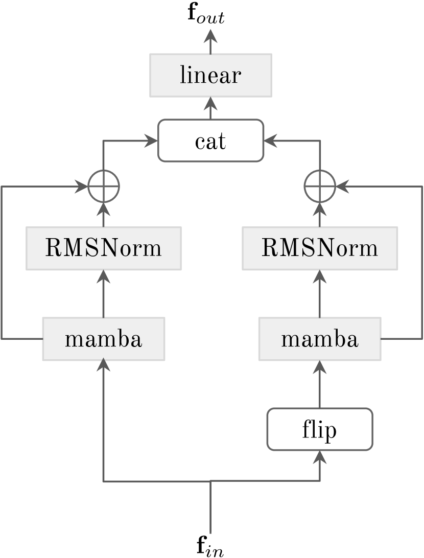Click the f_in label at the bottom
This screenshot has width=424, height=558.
[x=210, y=546]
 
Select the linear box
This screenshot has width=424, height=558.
[x=210, y=76]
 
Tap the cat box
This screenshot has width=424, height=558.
[x=210, y=141]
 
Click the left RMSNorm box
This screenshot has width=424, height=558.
[x=104, y=249]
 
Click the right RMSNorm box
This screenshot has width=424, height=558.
[x=320, y=249]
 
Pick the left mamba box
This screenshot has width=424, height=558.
[x=104, y=339]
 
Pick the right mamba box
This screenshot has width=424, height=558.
[x=320, y=339]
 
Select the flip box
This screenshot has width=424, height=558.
[x=320, y=429]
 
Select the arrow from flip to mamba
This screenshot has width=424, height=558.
[x=320, y=386]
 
